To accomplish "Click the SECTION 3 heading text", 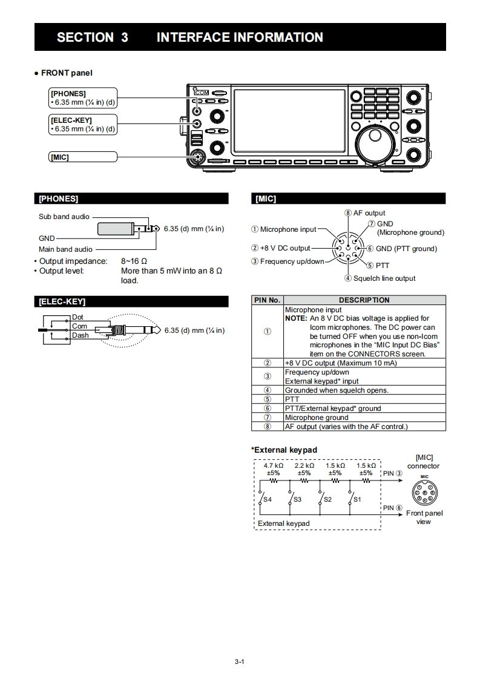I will click(x=92, y=38).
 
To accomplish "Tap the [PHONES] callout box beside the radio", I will click(x=82, y=97).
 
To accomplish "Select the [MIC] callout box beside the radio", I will click(x=82, y=157).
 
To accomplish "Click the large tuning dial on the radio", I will click(x=378, y=143).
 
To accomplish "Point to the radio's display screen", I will click(x=289, y=120).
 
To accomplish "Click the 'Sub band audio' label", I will click(x=64, y=217).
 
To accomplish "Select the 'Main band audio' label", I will click(x=65, y=249).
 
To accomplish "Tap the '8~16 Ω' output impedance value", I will click(x=134, y=261).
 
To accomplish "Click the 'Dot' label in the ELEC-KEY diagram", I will click(x=77, y=317).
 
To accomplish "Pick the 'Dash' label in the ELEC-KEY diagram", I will click(x=80, y=335).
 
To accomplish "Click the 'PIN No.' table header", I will click(x=267, y=300).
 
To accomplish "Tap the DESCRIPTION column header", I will click(x=364, y=300).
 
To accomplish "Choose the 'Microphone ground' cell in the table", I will click(x=317, y=418).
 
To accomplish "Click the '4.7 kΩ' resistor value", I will click(x=273, y=466).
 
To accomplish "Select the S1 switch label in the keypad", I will click(x=357, y=499).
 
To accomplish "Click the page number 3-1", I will click(x=239, y=661).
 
